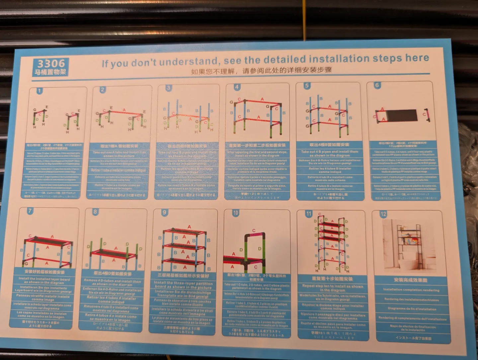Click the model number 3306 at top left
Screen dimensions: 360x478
[x=51, y=63]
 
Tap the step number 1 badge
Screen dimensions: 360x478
[x=40, y=91]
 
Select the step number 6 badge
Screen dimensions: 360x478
[x=377, y=85]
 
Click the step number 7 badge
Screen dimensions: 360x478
[x=30, y=211]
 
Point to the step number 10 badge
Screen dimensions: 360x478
[x=235, y=213]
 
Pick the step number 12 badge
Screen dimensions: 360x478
[x=383, y=214]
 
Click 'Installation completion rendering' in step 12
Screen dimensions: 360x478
[x=411, y=290]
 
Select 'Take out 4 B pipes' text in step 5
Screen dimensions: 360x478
[x=329, y=153]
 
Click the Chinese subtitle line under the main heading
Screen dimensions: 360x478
[x=261, y=71]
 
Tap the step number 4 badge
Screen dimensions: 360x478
[x=237, y=87]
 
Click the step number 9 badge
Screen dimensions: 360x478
[x=164, y=213]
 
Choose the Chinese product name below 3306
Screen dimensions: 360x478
[x=50, y=72]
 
